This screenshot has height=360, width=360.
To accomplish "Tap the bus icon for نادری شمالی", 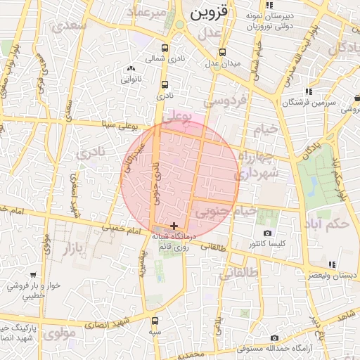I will [165, 49].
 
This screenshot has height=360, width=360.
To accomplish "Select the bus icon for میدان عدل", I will [222, 53].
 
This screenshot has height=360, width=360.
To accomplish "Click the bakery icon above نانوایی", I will [131, 69].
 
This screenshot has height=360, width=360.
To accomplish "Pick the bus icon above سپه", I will [155, 320].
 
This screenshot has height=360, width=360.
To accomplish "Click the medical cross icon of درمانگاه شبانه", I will [174, 226].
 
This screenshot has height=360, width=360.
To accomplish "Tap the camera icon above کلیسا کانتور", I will [266, 233].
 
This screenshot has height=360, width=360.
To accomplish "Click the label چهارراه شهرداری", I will [257, 163].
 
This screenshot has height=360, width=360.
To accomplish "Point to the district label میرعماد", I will [148, 13].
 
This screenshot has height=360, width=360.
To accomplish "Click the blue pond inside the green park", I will [312, 184].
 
